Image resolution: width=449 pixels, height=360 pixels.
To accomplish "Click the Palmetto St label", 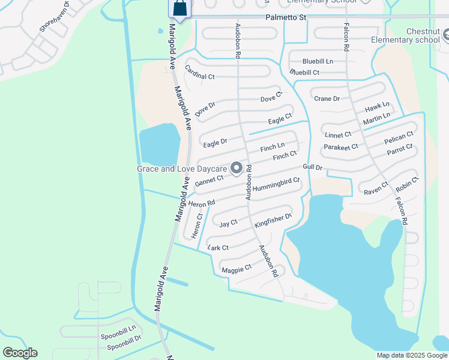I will pos(286,18).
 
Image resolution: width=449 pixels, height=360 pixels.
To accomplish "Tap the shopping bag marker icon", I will pos(179,8).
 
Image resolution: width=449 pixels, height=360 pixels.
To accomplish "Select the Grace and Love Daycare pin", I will pos(237,169).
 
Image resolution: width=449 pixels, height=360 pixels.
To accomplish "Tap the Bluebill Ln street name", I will pos(318,61).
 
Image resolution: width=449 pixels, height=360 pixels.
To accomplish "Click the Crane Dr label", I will pos(327,98).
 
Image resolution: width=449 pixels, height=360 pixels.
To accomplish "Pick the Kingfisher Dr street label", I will pos(273,220).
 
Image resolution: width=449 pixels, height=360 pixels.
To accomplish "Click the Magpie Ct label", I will pos(236,269).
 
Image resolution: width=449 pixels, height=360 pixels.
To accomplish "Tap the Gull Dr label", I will pos(313,167).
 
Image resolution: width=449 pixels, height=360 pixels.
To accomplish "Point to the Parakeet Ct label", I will pos(340,146).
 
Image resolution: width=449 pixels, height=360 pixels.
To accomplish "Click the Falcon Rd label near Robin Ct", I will pos(401,212).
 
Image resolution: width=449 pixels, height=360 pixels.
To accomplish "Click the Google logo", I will pos(19,353).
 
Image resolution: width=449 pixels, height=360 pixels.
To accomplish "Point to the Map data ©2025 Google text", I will pos(411,355).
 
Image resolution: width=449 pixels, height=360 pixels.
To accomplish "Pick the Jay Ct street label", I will pos(228,223).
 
